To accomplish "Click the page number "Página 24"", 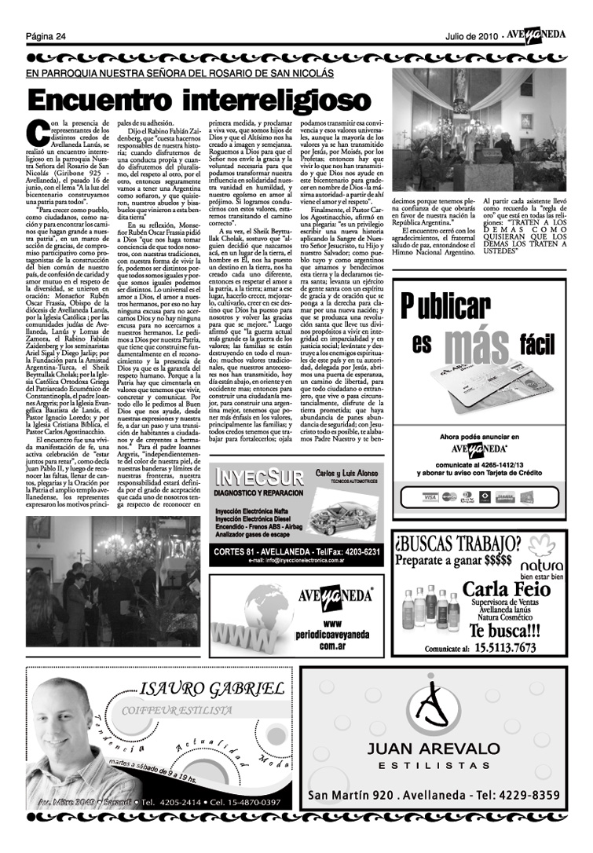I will (x=45, y=37).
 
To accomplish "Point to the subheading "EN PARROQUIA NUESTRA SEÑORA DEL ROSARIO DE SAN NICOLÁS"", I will (x=180, y=73).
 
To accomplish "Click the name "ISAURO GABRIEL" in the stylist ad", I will (x=212, y=690).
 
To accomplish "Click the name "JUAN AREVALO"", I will (x=433, y=748).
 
